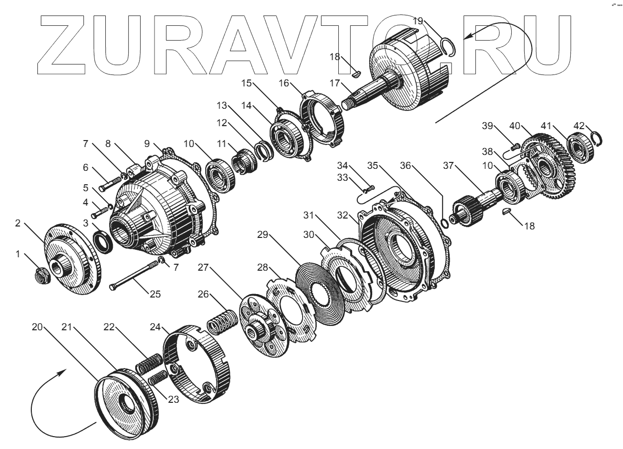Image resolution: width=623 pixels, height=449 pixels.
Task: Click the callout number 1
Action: coord(19,255)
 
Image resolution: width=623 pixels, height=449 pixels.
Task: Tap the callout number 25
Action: coord(156,294)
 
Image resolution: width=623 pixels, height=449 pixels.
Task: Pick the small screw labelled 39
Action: coord(515,146)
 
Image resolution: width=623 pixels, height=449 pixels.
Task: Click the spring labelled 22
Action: coord(148,363)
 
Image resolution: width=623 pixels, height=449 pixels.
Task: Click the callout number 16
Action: coord(284,83)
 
